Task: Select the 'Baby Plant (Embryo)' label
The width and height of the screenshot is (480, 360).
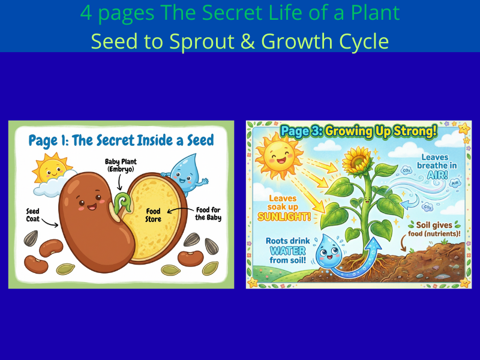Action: click(x=122, y=164)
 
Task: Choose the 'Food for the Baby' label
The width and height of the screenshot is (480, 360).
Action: click(x=208, y=214)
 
